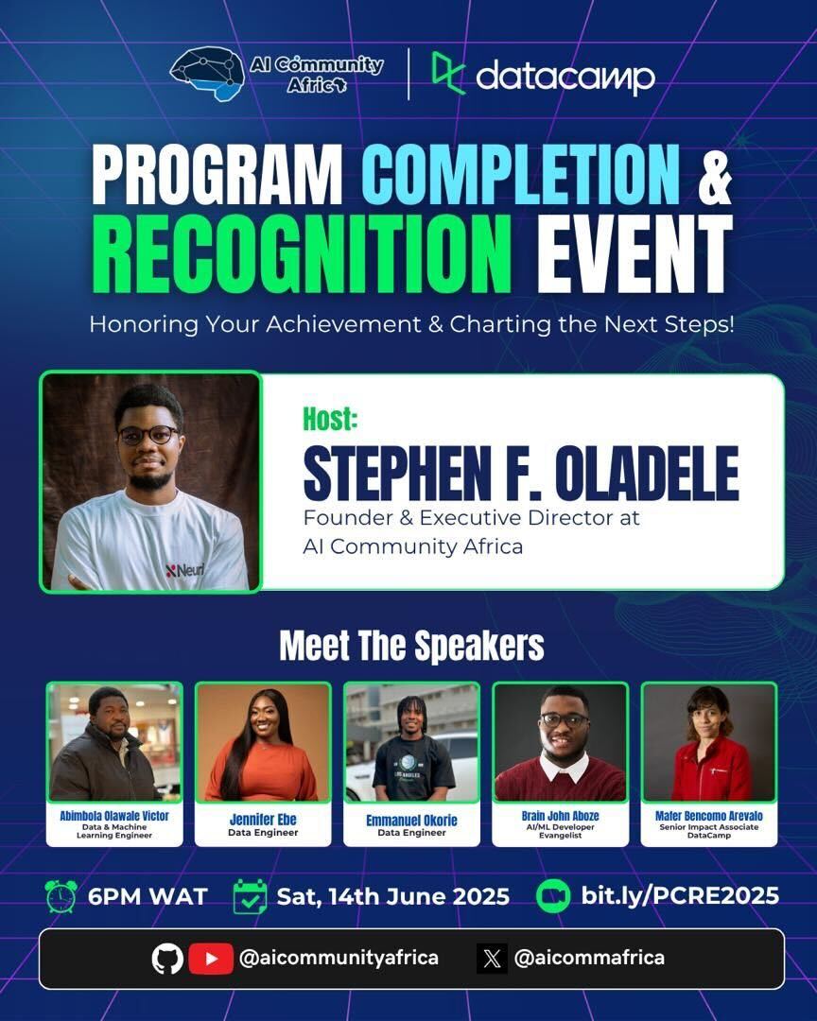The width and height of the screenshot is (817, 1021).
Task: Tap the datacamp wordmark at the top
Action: pos(565,77)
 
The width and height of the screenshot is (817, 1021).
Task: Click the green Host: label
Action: pos(330,418)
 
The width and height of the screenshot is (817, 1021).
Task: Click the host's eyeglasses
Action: pos(148,435)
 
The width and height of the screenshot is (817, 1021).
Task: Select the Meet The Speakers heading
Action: pos(411,647)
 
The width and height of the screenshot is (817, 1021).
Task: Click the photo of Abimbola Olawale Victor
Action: pos(114,742)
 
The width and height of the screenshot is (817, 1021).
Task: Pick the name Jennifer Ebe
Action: pos(263,819)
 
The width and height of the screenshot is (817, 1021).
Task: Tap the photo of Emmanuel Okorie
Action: pos(411,742)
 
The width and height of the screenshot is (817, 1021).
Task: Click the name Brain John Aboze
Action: pos(560,815)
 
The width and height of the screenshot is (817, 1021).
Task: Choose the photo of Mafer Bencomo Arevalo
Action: pos(709,742)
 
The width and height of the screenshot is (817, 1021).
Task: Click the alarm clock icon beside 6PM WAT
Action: pos(61,896)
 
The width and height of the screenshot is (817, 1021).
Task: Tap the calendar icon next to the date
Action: pos(250,896)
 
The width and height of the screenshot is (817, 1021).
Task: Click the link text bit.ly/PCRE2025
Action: pos(680,896)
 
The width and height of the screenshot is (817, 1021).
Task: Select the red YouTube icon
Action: pos(211,959)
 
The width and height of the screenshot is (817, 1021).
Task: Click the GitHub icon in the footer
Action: pos(167,959)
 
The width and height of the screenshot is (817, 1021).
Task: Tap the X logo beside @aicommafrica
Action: pos(492,959)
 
